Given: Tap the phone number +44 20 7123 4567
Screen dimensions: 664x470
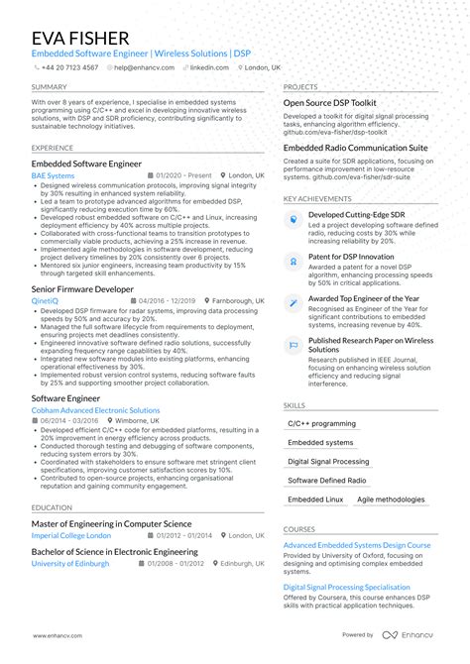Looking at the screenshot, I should (x=69, y=67).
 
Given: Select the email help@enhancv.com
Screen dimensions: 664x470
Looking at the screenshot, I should (x=144, y=67).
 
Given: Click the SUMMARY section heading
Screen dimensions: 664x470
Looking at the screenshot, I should (x=49, y=87).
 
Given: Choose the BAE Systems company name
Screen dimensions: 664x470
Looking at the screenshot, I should (x=53, y=175).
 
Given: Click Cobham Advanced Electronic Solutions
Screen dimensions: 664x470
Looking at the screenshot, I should (x=95, y=409).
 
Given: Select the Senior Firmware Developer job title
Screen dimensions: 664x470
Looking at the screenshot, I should (x=82, y=289).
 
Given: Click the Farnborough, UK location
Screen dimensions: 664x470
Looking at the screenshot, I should (x=233, y=301).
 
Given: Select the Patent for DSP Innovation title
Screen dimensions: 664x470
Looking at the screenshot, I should (x=351, y=256).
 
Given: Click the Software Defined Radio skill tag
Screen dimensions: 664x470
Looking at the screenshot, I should (x=326, y=481).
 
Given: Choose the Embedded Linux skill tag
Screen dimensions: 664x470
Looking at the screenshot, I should (x=315, y=499).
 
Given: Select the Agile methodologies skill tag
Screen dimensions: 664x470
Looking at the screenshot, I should (x=391, y=499).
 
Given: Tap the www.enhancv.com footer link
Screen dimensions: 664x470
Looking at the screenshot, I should (x=59, y=635).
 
